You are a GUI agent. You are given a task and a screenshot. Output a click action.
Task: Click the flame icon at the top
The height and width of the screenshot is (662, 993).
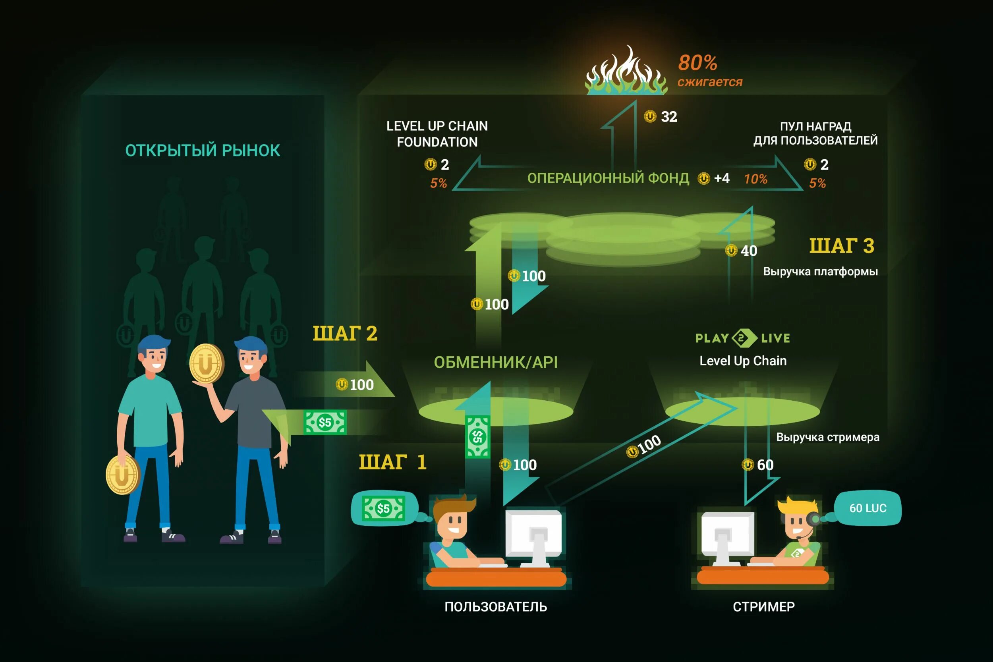click(626, 73)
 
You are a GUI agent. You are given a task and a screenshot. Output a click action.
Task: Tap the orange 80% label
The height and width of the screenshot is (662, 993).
click(697, 63)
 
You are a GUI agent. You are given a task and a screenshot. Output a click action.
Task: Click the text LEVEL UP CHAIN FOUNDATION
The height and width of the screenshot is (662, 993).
click(437, 134)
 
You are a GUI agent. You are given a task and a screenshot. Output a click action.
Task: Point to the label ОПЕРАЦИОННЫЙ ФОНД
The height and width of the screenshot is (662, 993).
click(608, 178)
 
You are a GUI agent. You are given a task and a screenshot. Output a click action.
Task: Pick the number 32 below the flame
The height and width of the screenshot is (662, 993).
click(669, 116)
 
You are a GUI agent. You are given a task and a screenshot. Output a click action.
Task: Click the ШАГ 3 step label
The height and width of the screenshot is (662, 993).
click(841, 246)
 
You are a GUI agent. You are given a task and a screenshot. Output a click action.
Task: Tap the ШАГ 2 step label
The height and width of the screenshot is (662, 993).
click(344, 334)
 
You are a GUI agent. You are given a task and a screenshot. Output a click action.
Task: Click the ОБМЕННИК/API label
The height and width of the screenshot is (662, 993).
click(496, 362)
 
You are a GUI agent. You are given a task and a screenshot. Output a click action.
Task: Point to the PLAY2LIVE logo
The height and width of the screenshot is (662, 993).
click(743, 338)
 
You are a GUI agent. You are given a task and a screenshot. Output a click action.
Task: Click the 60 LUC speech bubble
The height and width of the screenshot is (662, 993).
click(867, 508)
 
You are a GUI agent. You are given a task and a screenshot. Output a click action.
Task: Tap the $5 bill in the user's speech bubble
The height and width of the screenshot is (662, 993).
click(383, 508)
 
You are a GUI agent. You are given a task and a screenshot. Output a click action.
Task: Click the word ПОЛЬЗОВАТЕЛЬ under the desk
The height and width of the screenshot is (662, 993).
click(496, 607)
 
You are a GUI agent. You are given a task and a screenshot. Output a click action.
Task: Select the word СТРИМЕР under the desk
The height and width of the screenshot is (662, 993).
click(764, 607)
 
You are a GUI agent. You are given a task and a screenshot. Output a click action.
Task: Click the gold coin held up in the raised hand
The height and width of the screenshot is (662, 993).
click(207, 363)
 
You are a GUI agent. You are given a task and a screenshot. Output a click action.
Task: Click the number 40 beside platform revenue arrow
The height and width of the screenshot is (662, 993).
click(749, 251)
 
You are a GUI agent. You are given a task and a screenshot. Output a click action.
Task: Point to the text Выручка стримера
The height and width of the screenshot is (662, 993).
click(827, 437)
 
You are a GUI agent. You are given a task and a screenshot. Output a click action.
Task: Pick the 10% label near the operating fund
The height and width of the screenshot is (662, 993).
click(756, 179)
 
